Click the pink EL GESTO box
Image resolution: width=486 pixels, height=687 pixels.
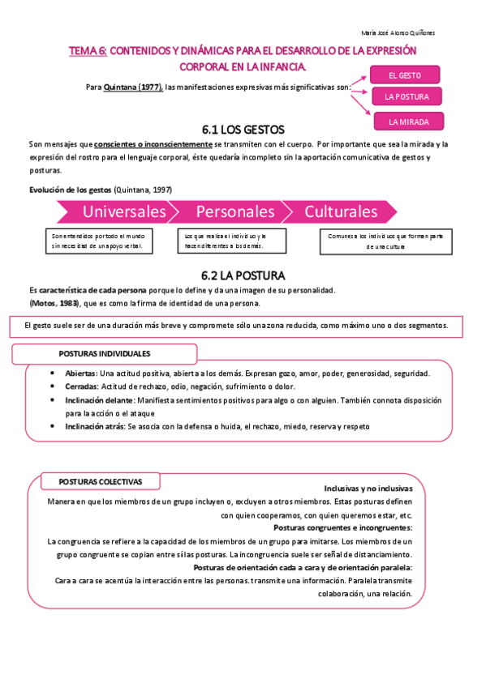click(x=405, y=75)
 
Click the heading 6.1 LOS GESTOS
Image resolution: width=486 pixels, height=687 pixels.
click(x=243, y=130)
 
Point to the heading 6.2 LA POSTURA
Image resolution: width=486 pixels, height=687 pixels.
click(x=243, y=275)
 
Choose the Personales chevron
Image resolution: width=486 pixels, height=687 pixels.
click(x=235, y=211)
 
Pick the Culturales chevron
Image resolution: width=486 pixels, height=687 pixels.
click(x=342, y=211)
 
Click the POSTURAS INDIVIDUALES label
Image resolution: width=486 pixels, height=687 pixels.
click(x=104, y=354)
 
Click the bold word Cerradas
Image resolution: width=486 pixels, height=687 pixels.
click(x=80, y=386)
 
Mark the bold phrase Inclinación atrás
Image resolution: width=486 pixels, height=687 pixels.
click(x=93, y=425)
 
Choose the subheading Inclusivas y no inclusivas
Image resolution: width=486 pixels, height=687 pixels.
click(x=368, y=489)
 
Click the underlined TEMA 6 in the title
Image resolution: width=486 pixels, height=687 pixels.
click(x=88, y=50)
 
